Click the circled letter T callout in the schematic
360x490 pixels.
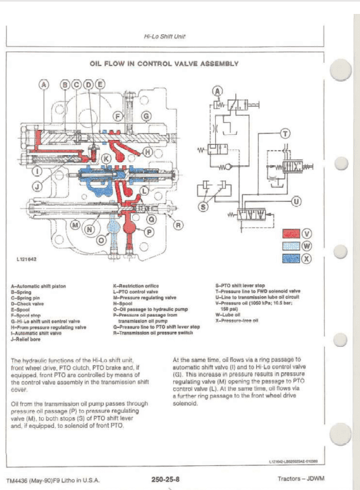[285, 133]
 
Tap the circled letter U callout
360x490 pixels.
[295, 202]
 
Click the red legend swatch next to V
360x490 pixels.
[290, 234]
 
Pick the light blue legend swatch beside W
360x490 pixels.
[290, 246]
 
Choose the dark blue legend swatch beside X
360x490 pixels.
[290, 258]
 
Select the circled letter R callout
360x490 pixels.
[178, 225]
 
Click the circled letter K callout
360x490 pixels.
[106, 158]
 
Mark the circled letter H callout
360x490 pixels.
[148, 152]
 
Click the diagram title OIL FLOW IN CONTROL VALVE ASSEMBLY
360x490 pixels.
[164, 63]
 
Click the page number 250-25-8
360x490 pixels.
[164, 479]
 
